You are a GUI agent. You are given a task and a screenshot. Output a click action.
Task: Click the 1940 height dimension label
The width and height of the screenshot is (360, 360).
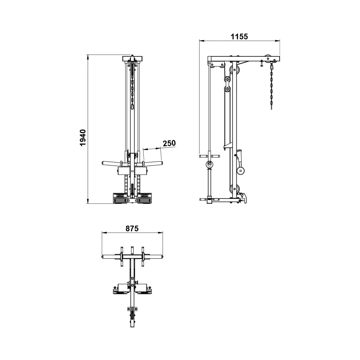point(82,137)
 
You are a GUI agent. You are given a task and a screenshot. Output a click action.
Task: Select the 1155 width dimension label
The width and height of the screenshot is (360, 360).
point(239,37)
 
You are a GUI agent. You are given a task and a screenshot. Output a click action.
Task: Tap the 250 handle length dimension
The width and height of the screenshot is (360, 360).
point(169,143)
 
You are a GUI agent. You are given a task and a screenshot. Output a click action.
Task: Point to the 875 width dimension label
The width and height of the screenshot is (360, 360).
point(132,229)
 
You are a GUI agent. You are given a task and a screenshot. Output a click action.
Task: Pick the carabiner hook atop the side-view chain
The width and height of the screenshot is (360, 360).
point(271,66)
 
